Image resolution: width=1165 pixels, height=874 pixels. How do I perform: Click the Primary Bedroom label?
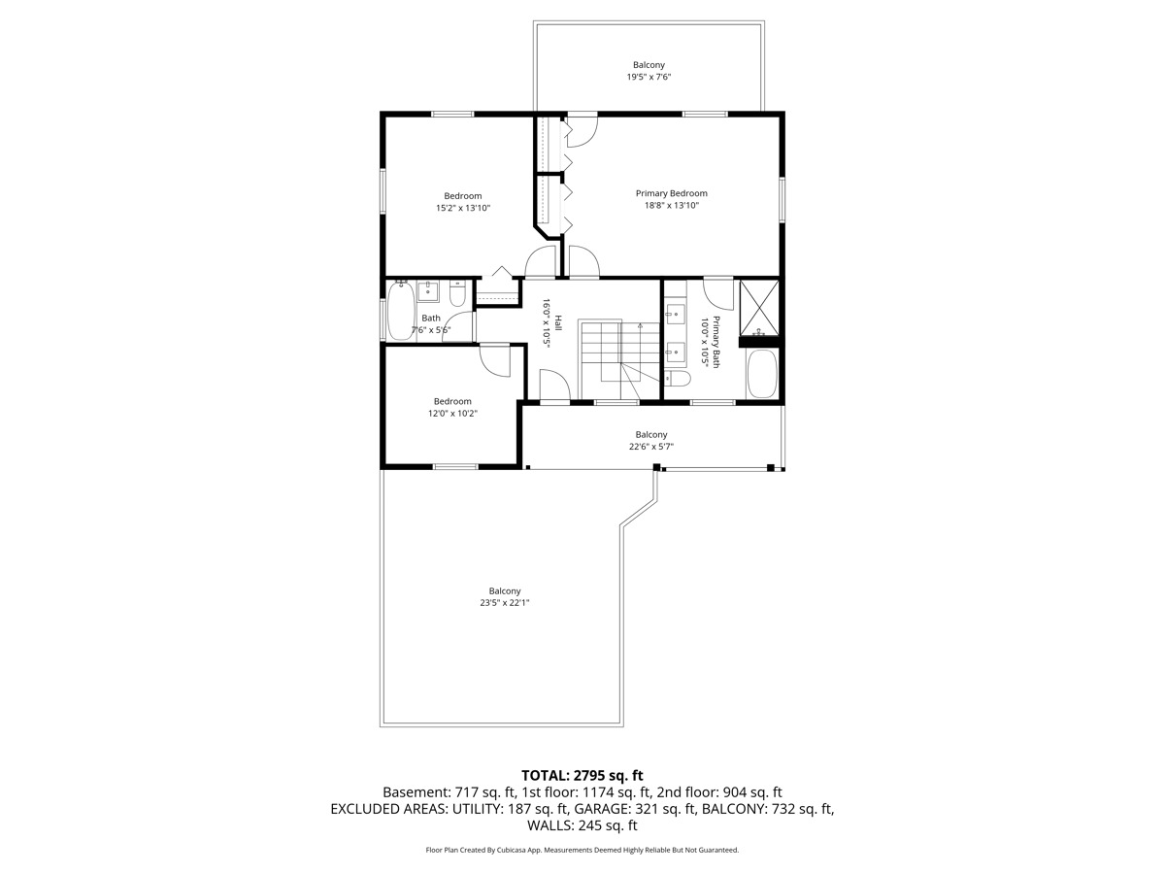(671, 193)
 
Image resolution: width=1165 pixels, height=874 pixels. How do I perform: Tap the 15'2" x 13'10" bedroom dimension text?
(463, 208)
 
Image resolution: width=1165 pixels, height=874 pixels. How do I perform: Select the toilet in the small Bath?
(458, 292)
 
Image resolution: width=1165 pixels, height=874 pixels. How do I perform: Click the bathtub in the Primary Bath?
(761, 374)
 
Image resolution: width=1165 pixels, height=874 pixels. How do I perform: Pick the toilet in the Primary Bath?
(679, 378)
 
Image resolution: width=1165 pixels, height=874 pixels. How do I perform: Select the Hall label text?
(558, 319)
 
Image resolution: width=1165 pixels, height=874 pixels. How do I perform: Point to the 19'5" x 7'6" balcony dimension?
(649, 77)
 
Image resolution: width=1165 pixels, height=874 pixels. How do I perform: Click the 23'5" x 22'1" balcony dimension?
(505, 603)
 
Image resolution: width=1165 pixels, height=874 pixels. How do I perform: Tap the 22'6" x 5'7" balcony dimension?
(650, 447)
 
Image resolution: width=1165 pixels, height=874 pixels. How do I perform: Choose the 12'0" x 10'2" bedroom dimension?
(452, 414)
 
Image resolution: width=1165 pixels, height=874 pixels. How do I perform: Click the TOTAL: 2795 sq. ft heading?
(582, 775)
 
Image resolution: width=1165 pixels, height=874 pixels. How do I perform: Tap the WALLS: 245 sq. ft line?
(582, 826)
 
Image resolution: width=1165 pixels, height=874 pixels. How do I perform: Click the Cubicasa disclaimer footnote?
(582, 850)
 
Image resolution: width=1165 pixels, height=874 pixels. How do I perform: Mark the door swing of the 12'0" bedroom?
(497, 361)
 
